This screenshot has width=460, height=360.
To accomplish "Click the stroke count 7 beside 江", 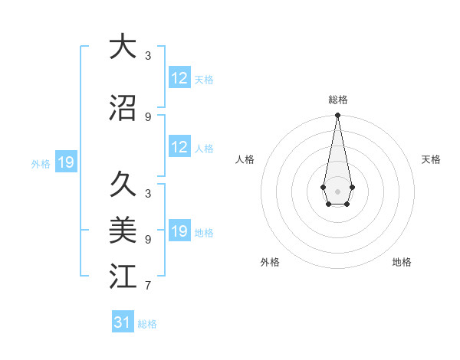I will click(x=148, y=286).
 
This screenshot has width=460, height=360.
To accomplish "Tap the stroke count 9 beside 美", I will click(x=148, y=239).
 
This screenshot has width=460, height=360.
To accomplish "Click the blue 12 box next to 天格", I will click(x=179, y=78).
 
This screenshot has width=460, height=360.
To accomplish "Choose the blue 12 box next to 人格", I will click(x=179, y=147).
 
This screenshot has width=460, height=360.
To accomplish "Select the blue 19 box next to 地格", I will click(x=179, y=231).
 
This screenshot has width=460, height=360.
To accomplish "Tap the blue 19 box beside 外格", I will click(x=65, y=162).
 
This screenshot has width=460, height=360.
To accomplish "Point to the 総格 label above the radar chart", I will click(x=337, y=100).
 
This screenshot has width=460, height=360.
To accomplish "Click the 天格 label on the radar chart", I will click(x=432, y=159).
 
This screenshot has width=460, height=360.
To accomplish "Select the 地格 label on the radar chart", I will click(x=402, y=262).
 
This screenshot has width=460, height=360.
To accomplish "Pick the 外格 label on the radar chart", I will click(x=270, y=262).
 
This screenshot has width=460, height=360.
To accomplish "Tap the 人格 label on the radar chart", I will click(x=245, y=159).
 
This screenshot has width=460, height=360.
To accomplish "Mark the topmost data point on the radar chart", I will click(x=337, y=116).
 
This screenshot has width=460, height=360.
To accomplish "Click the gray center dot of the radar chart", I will click(x=337, y=190).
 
